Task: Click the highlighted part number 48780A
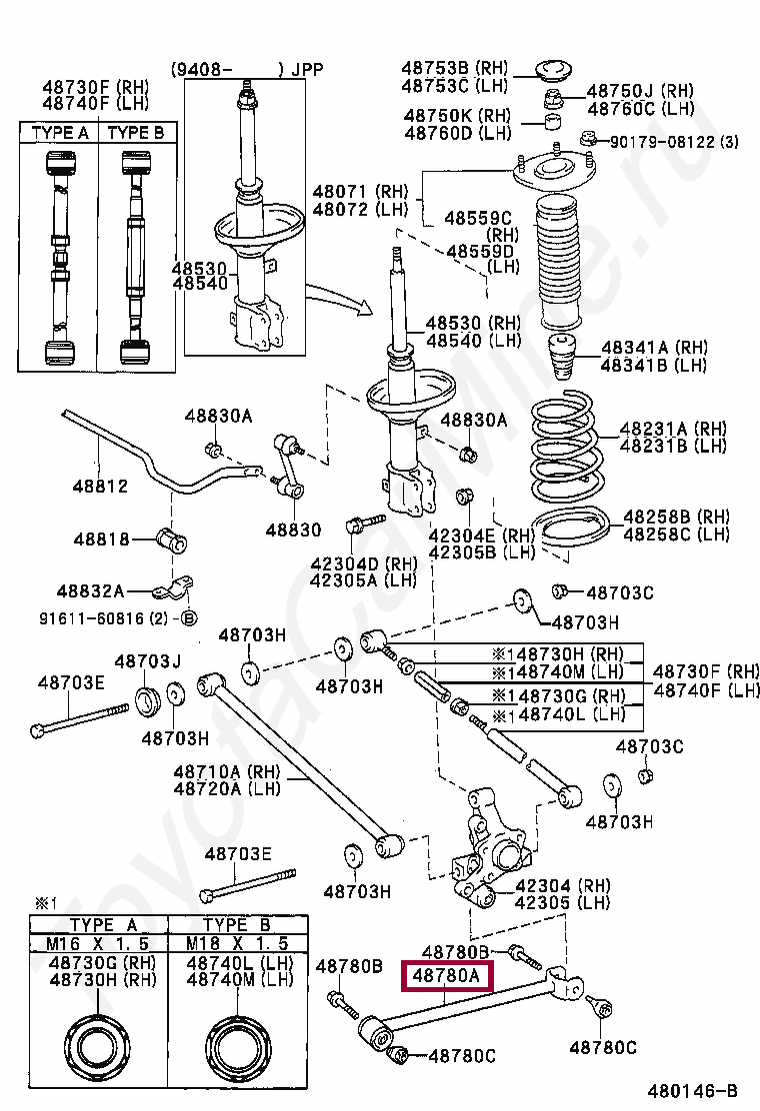446,975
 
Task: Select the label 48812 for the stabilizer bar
99,487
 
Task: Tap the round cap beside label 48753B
549,69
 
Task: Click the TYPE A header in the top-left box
60,133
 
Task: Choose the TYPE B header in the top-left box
135,133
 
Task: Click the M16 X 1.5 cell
98,943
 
